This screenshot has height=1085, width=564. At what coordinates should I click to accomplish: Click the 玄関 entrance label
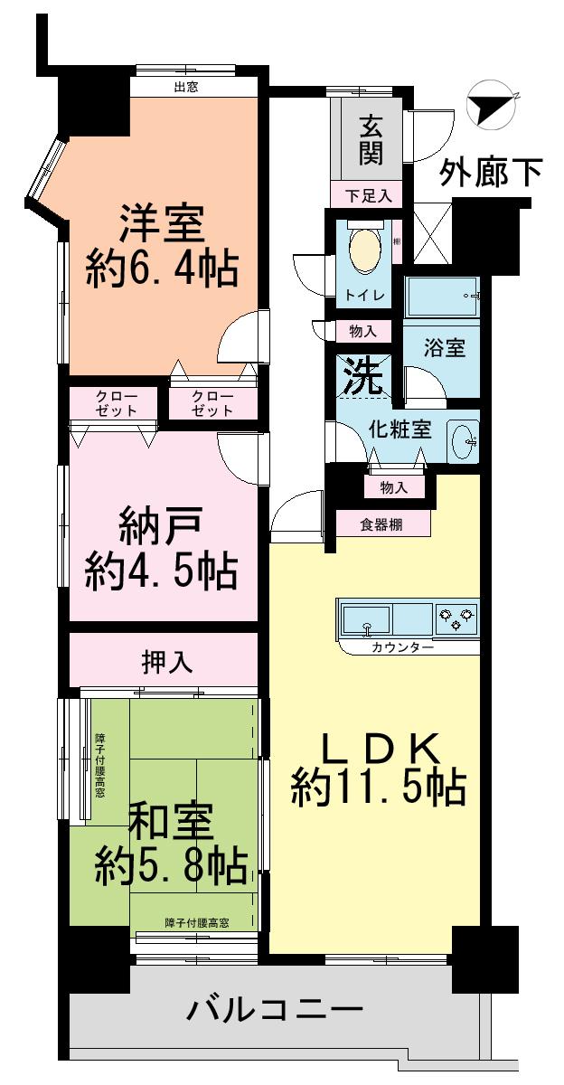(371, 140)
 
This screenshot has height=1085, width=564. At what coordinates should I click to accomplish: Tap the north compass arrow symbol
(489, 107)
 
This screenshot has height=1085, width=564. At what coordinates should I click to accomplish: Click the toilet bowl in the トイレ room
(364, 249)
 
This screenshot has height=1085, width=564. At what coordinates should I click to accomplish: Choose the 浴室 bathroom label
(445, 348)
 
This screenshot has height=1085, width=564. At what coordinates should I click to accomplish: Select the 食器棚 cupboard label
(382, 524)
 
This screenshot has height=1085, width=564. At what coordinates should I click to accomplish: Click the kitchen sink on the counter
(366, 620)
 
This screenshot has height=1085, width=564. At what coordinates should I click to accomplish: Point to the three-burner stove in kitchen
(456, 620)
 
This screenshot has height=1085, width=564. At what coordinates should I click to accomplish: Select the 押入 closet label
(166, 662)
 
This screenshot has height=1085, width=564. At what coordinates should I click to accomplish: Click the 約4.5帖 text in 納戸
(162, 570)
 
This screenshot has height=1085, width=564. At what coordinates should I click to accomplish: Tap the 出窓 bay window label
(185, 88)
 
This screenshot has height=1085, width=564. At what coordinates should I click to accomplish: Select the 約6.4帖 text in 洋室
(162, 269)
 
